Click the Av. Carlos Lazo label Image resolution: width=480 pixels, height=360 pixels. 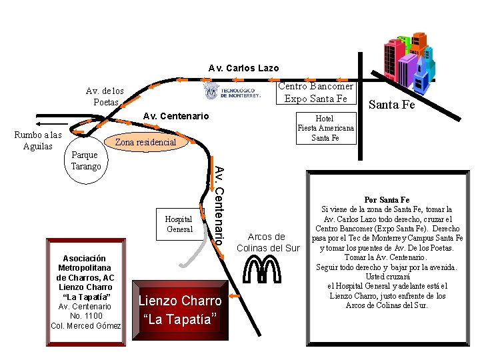point(243,68)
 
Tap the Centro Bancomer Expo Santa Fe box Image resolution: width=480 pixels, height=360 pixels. point(315,93)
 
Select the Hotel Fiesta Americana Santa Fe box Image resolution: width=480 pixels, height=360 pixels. point(326,128)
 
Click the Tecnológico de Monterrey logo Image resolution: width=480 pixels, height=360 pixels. point(232,91)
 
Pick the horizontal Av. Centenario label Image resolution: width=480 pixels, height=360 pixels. point(176,117)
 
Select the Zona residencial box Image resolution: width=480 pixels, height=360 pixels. point(145,142)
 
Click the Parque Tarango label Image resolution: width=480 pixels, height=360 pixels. point(86,161)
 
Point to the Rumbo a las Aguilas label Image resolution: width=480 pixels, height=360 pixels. point(38,141)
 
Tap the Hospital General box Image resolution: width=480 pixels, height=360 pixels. point(179,224)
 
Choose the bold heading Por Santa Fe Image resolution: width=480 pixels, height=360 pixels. point(387,199)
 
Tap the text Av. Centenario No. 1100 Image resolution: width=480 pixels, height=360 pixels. point(85,311)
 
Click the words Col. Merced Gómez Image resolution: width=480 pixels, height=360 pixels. point(86,325)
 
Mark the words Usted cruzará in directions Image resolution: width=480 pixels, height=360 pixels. point(387,277)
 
